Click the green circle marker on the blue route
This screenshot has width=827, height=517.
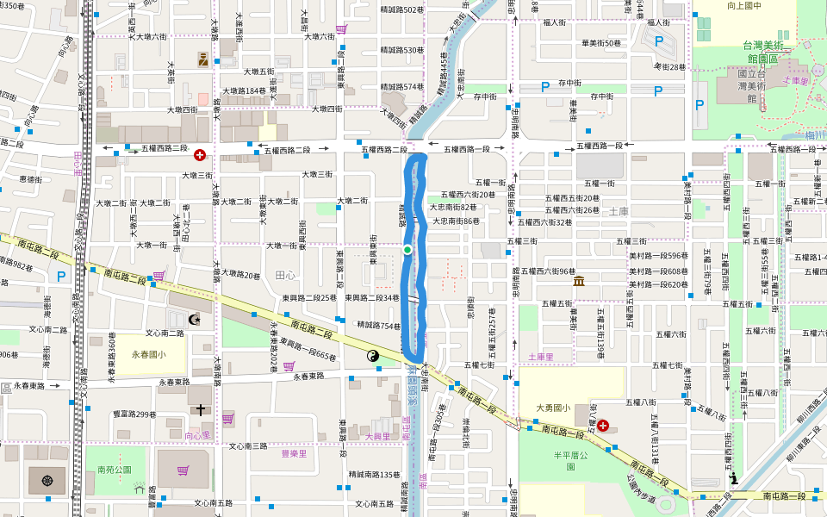click(x=407, y=250)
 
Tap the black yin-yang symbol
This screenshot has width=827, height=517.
click(x=374, y=356)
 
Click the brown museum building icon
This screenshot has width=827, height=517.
click(x=579, y=281)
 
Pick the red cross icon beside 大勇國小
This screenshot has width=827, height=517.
click(x=602, y=426)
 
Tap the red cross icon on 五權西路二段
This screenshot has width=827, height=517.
click(x=200, y=155)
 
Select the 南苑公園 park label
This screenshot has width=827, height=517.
click(x=114, y=470)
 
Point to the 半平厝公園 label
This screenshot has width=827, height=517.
click(x=569, y=460)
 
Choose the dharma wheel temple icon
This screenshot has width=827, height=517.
click(x=47, y=480)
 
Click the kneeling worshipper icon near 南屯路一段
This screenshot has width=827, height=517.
click(x=733, y=478)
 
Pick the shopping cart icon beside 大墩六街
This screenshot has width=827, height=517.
click(x=341, y=29)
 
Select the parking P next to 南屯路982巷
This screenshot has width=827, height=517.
click(x=60, y=277)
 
